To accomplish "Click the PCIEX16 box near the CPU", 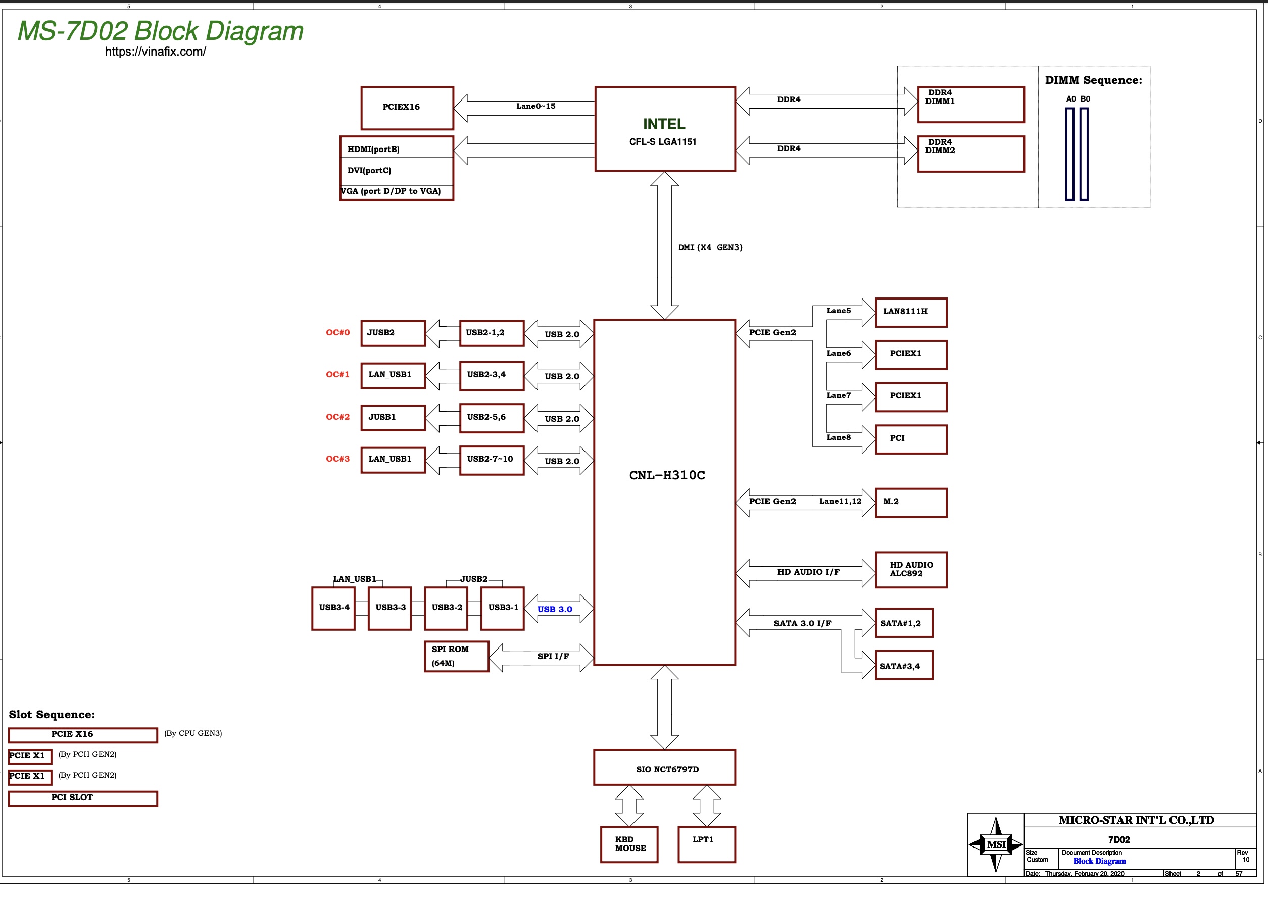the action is pyautogui.click(x=407, y=108).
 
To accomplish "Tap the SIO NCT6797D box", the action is pyautogui.click(x=665, y=767).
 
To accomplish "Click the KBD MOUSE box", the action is pyautogui.click(x=629, y=844).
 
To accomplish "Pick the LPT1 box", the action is pyautogui.click(x=707, y=844).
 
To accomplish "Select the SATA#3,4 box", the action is pyautogui.click(x=904, y=665).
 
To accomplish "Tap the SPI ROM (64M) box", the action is pyautogui.click(x=456, y=656).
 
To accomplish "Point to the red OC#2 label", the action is pyautogui.click(x=337, y=417).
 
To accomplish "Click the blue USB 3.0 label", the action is pyautogui.click(x=555, y=609).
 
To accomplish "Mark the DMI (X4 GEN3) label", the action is pyautogui.click(x=710, y=247).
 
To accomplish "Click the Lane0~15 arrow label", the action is pyautogui.click(x=536, y=106).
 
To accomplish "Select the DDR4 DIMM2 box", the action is pyautogui.click(x=971, y=154).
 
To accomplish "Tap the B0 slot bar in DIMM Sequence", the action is pyautogui.click(x=1084, y=154).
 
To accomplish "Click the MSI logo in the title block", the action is pyautogui.click(x=996, y=844).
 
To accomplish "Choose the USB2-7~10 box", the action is pyautogui.click(x=492, y=461).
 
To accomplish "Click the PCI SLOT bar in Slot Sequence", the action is pyautogui.click(x=83, y=799).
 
